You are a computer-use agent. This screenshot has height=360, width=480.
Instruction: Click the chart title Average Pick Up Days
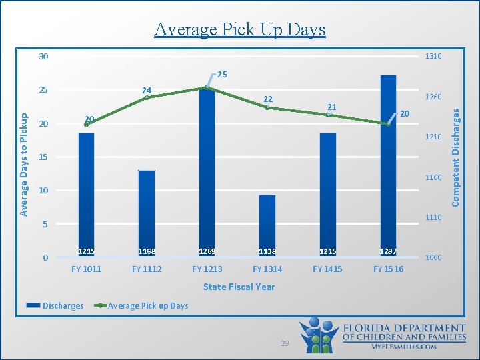pyautogui.click(x=240, y=29)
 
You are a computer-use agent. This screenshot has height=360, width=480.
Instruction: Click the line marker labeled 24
pyautogui.click(x=147, y=98)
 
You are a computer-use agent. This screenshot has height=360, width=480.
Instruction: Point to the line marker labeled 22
pyautogui.click(x=267, y=107)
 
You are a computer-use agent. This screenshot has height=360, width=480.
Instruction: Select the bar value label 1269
pyautogui.click(x=207, y=251)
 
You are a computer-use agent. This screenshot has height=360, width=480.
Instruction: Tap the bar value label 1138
pyautogui.click(x=267, y=251)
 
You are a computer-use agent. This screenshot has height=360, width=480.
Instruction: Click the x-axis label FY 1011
pyautogui.click(x=87, y=269)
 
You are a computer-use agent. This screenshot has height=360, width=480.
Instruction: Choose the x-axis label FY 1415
pyautogui.click(x=327, y=269)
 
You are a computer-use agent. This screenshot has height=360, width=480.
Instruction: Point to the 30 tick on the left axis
pyautogui.click(x=43, y=57)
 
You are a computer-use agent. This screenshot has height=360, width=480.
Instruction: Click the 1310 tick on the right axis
pyautogui.click(x=433, y=57)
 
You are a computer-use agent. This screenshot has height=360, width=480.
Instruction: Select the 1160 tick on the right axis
pyautogui.click(x=433, y=177)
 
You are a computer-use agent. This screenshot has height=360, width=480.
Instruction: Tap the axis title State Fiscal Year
pyautogui.click(x=239, y=287)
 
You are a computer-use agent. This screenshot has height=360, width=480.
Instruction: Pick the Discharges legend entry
pyautogui.click(x=55, y=306)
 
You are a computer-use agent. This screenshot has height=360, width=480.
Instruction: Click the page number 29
pyautogui.click(x=285, y=343)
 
